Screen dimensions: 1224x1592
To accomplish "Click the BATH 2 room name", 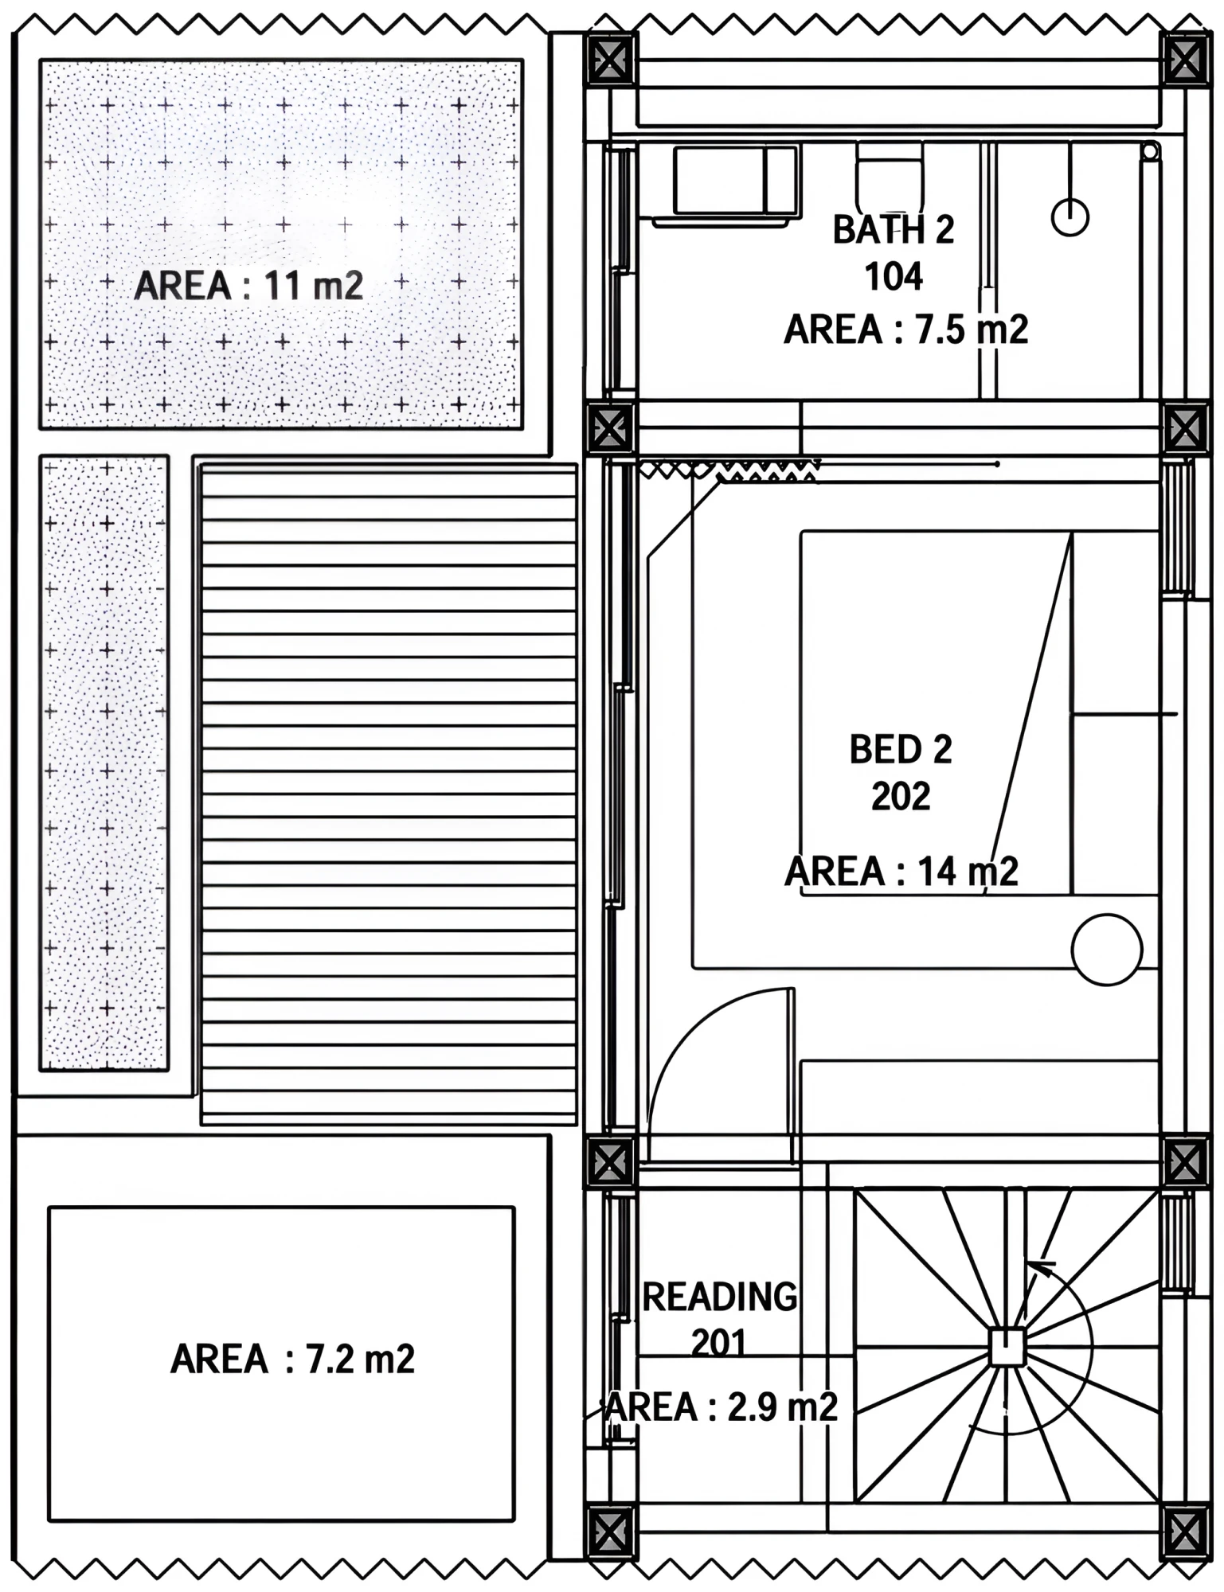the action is tap(893, 230).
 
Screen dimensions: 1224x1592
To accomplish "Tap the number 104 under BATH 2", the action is tap(894, 277).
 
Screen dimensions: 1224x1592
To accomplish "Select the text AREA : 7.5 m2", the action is tap(906, 330).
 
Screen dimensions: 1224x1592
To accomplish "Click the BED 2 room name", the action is tap(901, 750).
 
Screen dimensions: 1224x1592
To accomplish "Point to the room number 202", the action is tap(901, 796).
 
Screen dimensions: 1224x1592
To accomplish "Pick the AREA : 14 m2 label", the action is tap(901, 872).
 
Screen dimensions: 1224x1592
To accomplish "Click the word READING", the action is tap(720, 1297).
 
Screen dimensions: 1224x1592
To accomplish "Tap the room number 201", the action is tap(719, 1344).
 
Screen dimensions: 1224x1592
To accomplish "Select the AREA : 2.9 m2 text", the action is tap(721, 1407).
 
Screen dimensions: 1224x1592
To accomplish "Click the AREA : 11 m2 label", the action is tap(248, 286).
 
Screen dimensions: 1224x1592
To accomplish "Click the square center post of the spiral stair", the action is tap(1007, 1347).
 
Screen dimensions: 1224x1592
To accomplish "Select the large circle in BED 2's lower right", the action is tap(1107, 950).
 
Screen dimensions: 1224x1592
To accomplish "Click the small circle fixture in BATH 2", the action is tap(1070, 217).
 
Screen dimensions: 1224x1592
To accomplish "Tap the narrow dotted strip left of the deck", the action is tap(104, 763).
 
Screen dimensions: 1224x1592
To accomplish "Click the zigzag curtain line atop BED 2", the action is tap(729, 471).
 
